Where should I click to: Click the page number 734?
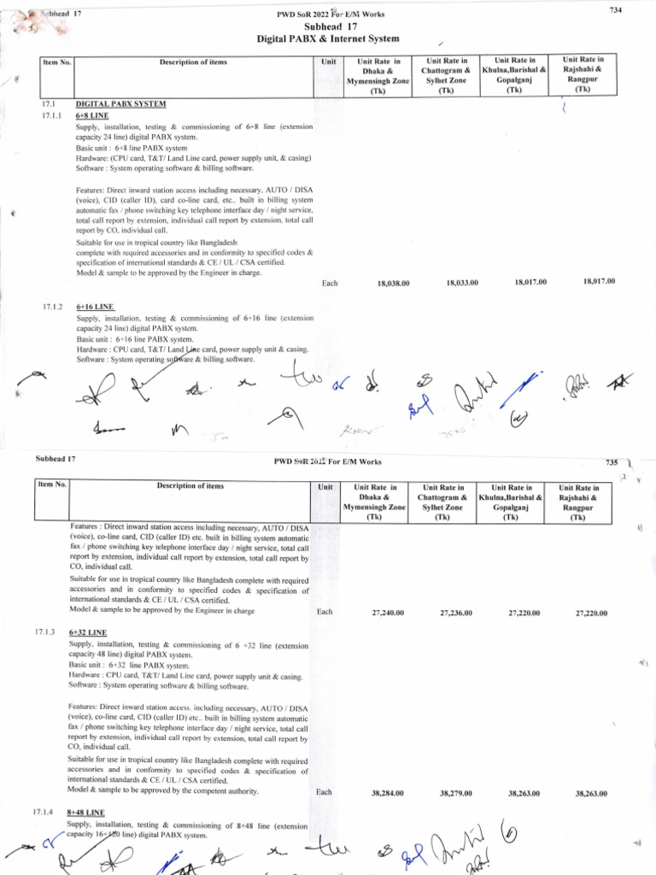click(614, 9)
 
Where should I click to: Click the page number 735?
click(611, 461)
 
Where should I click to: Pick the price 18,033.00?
click(462, 283)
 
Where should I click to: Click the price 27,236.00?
click(456, 613)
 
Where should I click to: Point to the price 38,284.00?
click(388, 793)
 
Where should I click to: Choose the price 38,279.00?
click(456, 793)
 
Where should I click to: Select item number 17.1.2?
click(50, 306)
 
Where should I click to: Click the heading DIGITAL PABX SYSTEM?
click(120, 103)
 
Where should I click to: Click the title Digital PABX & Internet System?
click(328, 39)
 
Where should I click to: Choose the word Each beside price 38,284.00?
click(325, 792)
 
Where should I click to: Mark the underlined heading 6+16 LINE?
click(95, 306)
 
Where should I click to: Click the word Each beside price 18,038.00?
click(330, 283)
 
